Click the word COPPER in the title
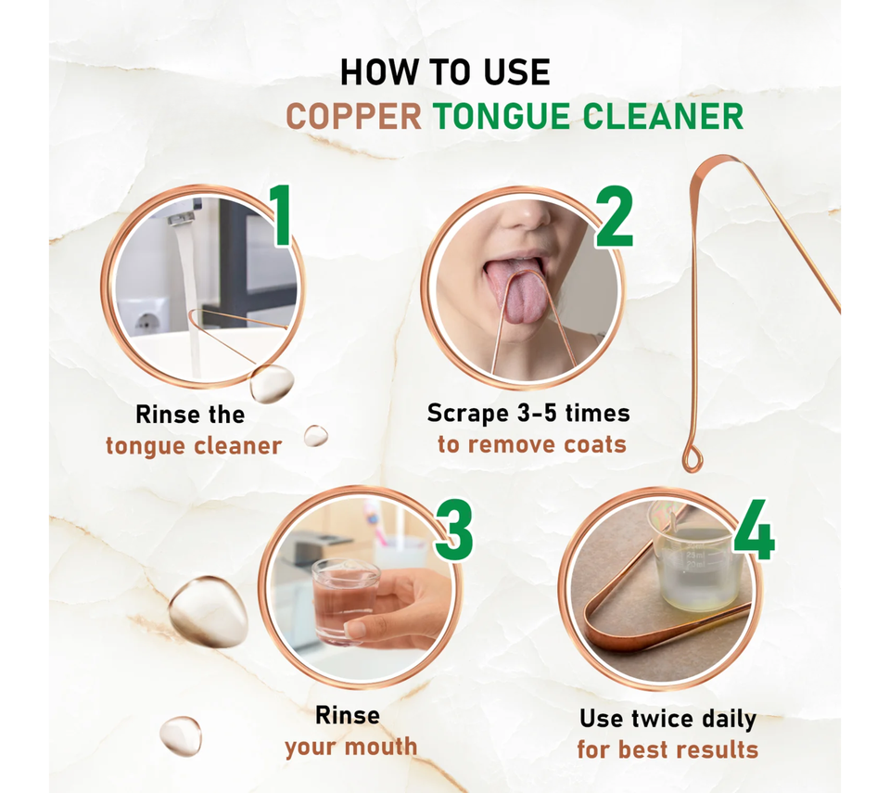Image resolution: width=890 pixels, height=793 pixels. coord(353,117)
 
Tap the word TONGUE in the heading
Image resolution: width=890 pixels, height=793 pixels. coord(502,117)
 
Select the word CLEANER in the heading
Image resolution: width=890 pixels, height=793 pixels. coord(663,117)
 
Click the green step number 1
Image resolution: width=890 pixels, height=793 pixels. coord(280,216)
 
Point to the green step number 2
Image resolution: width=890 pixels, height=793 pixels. coord(614,218)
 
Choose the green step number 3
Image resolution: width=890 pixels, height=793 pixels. coord(454,530)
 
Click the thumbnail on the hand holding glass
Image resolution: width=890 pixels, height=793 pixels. coord(356,629)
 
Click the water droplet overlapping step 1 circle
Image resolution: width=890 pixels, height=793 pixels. coord(272,383)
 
